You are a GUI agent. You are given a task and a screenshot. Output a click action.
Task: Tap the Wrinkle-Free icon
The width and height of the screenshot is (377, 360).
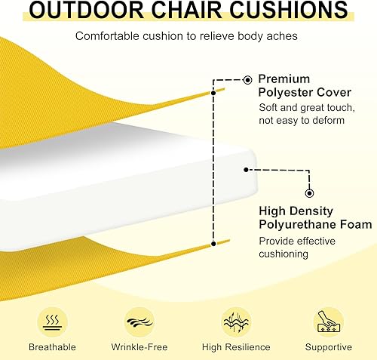[139, 321]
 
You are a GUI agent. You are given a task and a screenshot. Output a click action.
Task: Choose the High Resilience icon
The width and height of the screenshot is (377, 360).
[235, 321]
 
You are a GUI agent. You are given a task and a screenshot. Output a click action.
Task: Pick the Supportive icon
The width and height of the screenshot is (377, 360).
[328, 321]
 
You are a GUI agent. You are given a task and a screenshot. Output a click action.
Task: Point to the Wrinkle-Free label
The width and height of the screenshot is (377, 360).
[139, 347]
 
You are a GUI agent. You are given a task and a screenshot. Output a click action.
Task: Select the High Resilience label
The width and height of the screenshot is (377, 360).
[235, 347]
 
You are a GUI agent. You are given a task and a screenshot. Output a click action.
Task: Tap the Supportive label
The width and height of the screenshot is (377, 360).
[328, 347]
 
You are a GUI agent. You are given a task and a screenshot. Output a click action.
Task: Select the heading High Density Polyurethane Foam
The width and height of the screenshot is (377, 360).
[314, 218]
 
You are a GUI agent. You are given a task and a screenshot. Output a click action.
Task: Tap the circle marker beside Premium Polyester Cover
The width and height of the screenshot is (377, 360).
[247, 78]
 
